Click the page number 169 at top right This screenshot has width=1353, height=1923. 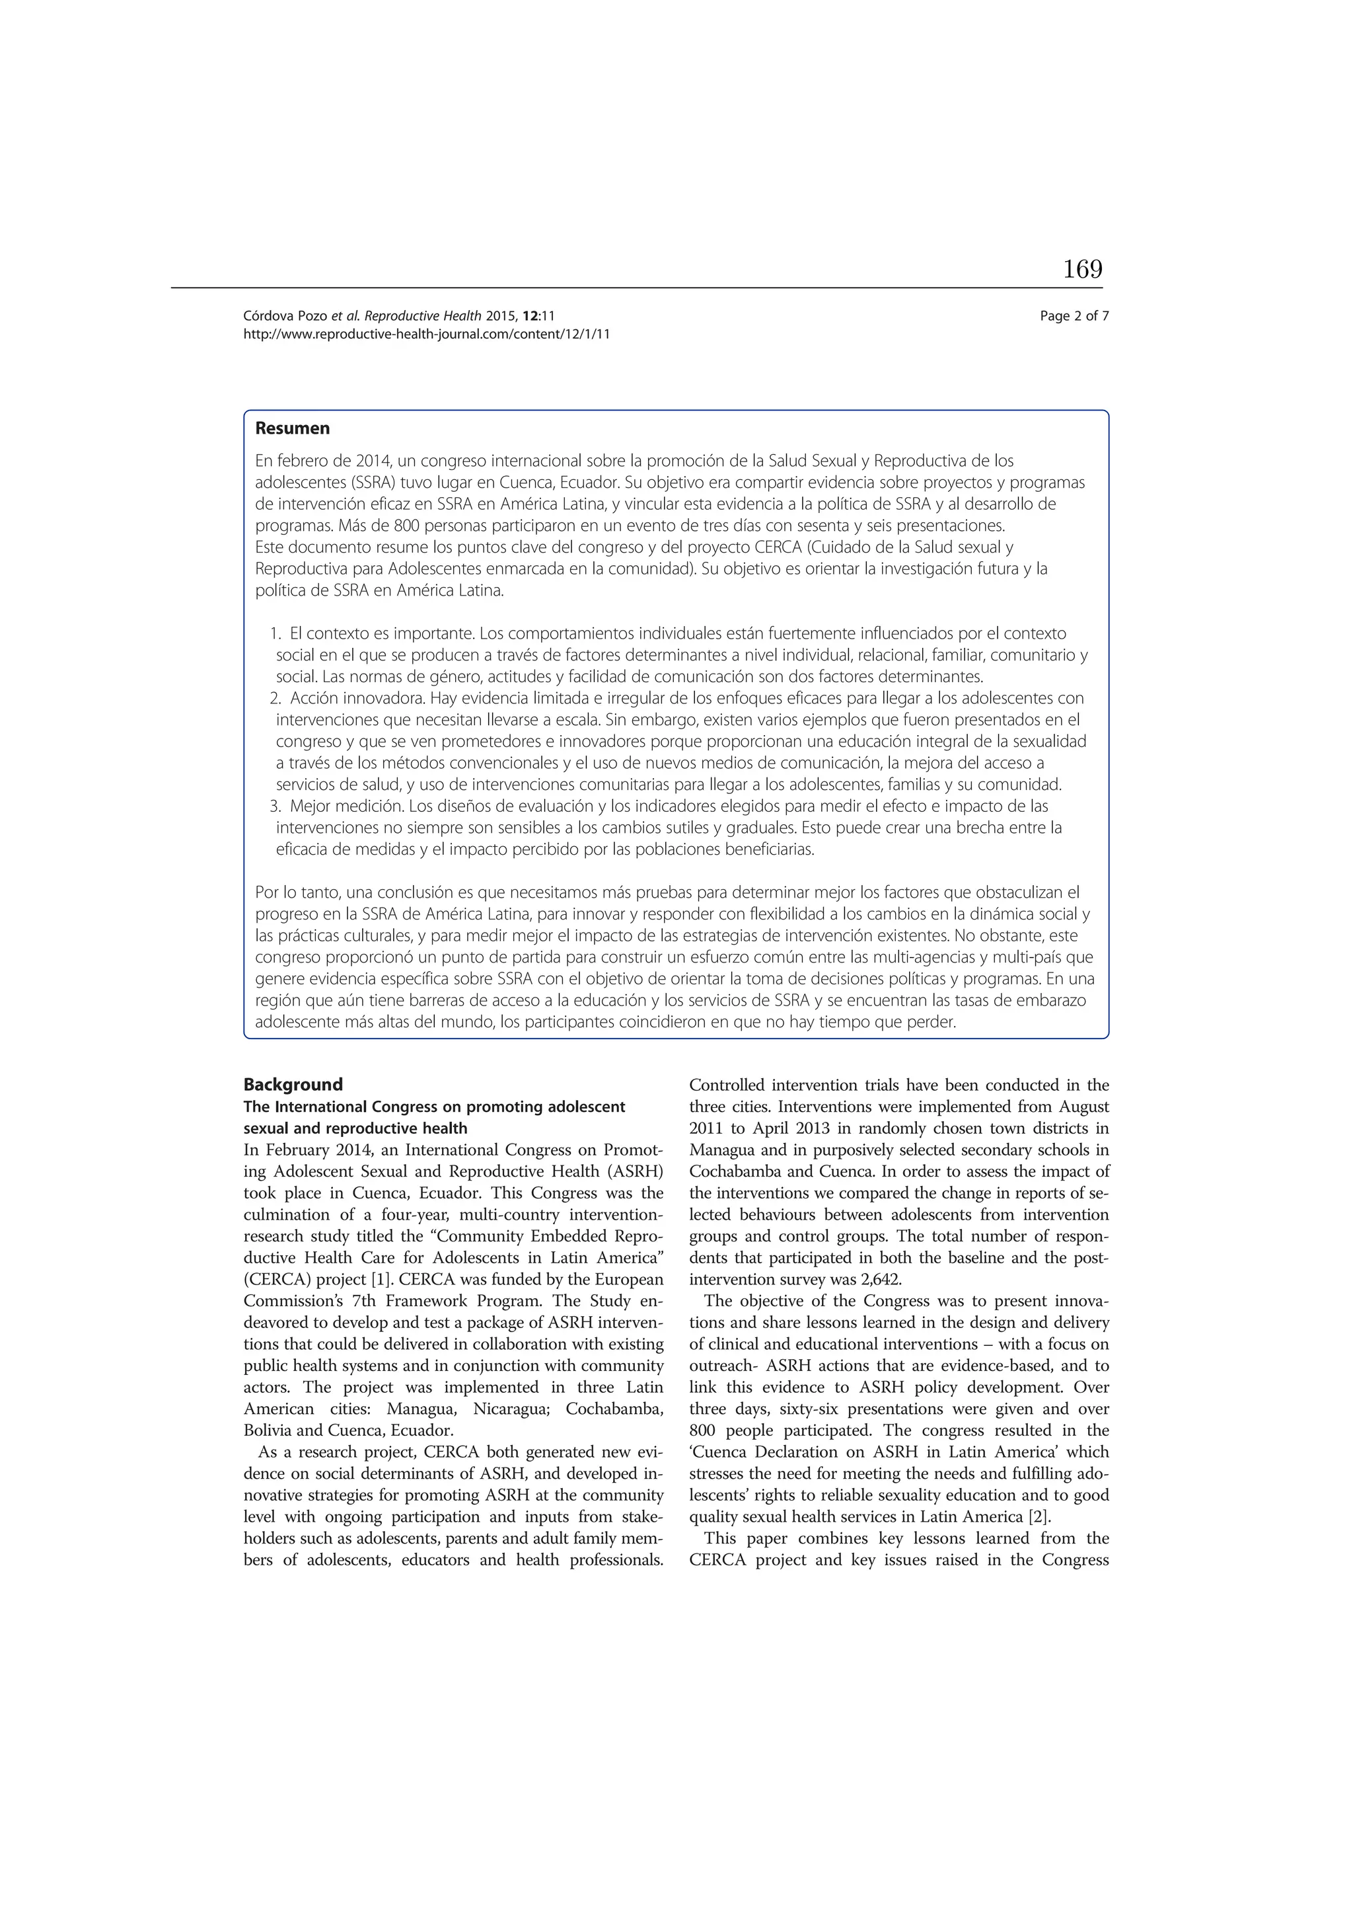pyautogui.click(x=1083, y=270)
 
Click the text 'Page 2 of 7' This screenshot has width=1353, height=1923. pyautogui.click(x=1074, y=316)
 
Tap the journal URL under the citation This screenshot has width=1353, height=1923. pyautogui.click(x=426, y=334)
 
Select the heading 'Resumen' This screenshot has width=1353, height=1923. pyautogui.click(x=292, y=429)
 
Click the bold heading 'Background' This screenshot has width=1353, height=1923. pyautogui.click(x=293, y=1085)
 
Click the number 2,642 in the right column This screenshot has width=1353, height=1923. pyautogui.click(x=881, y=1280)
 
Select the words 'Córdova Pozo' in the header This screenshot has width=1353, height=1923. pyautogui.click(x=285, y=316)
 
